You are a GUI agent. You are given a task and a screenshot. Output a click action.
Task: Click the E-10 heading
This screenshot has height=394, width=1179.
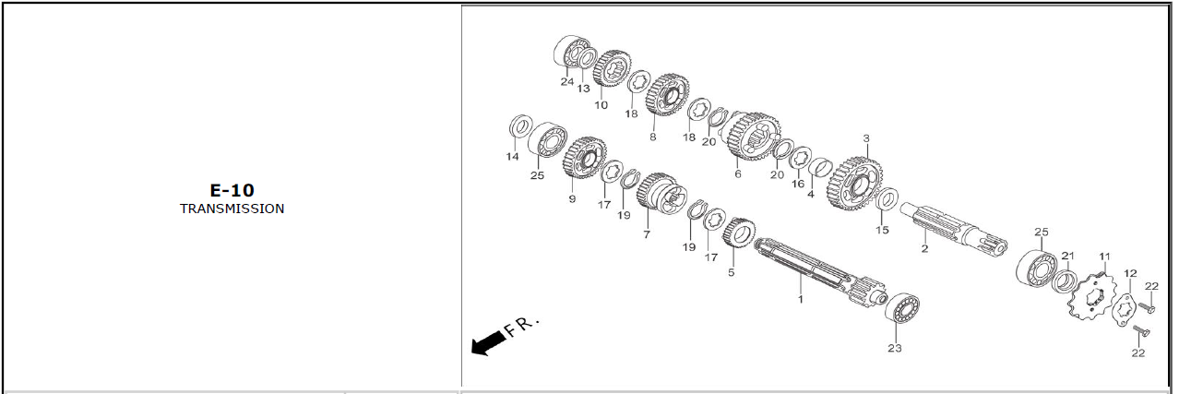coord(232,190)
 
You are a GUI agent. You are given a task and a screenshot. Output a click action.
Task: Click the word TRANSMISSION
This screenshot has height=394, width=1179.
coord(232,209)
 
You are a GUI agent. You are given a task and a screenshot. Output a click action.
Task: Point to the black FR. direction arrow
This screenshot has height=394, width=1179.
coord(488,343)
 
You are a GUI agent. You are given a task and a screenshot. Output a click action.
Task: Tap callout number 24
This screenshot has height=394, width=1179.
coord(566,81)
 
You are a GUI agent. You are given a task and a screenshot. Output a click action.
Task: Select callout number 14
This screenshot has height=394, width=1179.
coord(512,157)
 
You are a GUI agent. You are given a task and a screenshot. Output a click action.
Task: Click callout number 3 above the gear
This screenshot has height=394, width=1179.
coord(866,138)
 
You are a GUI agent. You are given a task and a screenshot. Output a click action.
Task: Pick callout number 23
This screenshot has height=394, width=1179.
coord(895,348)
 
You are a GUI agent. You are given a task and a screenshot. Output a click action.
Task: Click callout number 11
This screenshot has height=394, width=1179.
coord(1104,257)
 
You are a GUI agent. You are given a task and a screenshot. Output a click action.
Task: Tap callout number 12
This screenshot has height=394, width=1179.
coord(1130,273)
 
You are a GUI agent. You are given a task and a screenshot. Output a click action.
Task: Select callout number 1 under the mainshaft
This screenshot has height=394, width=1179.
coord(801,299)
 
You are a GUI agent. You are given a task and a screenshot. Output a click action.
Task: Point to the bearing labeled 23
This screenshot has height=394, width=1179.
coord(902,308)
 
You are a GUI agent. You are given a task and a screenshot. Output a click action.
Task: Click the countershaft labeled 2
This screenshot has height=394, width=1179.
coord(953,228)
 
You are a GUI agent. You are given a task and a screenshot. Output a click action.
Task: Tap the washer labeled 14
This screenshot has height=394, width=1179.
coord(520,127)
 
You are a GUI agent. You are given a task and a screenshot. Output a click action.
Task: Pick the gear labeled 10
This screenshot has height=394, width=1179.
coord(613,69)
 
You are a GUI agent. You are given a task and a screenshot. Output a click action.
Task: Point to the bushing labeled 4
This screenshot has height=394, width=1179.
coord(820,169)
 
